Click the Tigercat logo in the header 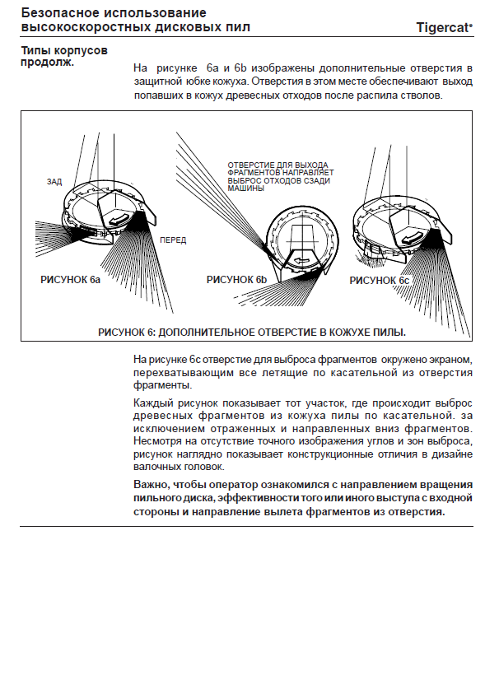pyautogui.click(x=444, y=27)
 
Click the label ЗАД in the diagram pyautogui.click(x=54, y=182)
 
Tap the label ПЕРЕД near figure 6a pyautogui.click(x=173, y=240)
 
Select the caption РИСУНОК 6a pyautogui.click(x=70, y=280)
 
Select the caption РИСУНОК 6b pyautogui.click(x=236, y=280)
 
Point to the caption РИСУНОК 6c pyautogui.click(x=379, y=281)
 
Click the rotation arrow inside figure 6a pyautogui.click(x=119, y=218)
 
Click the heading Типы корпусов pyautogui.click(x=64, y=50)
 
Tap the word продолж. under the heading pyautogui.click(x=48, y=62)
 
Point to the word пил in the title pyautogui.click(x=238, y=27)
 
